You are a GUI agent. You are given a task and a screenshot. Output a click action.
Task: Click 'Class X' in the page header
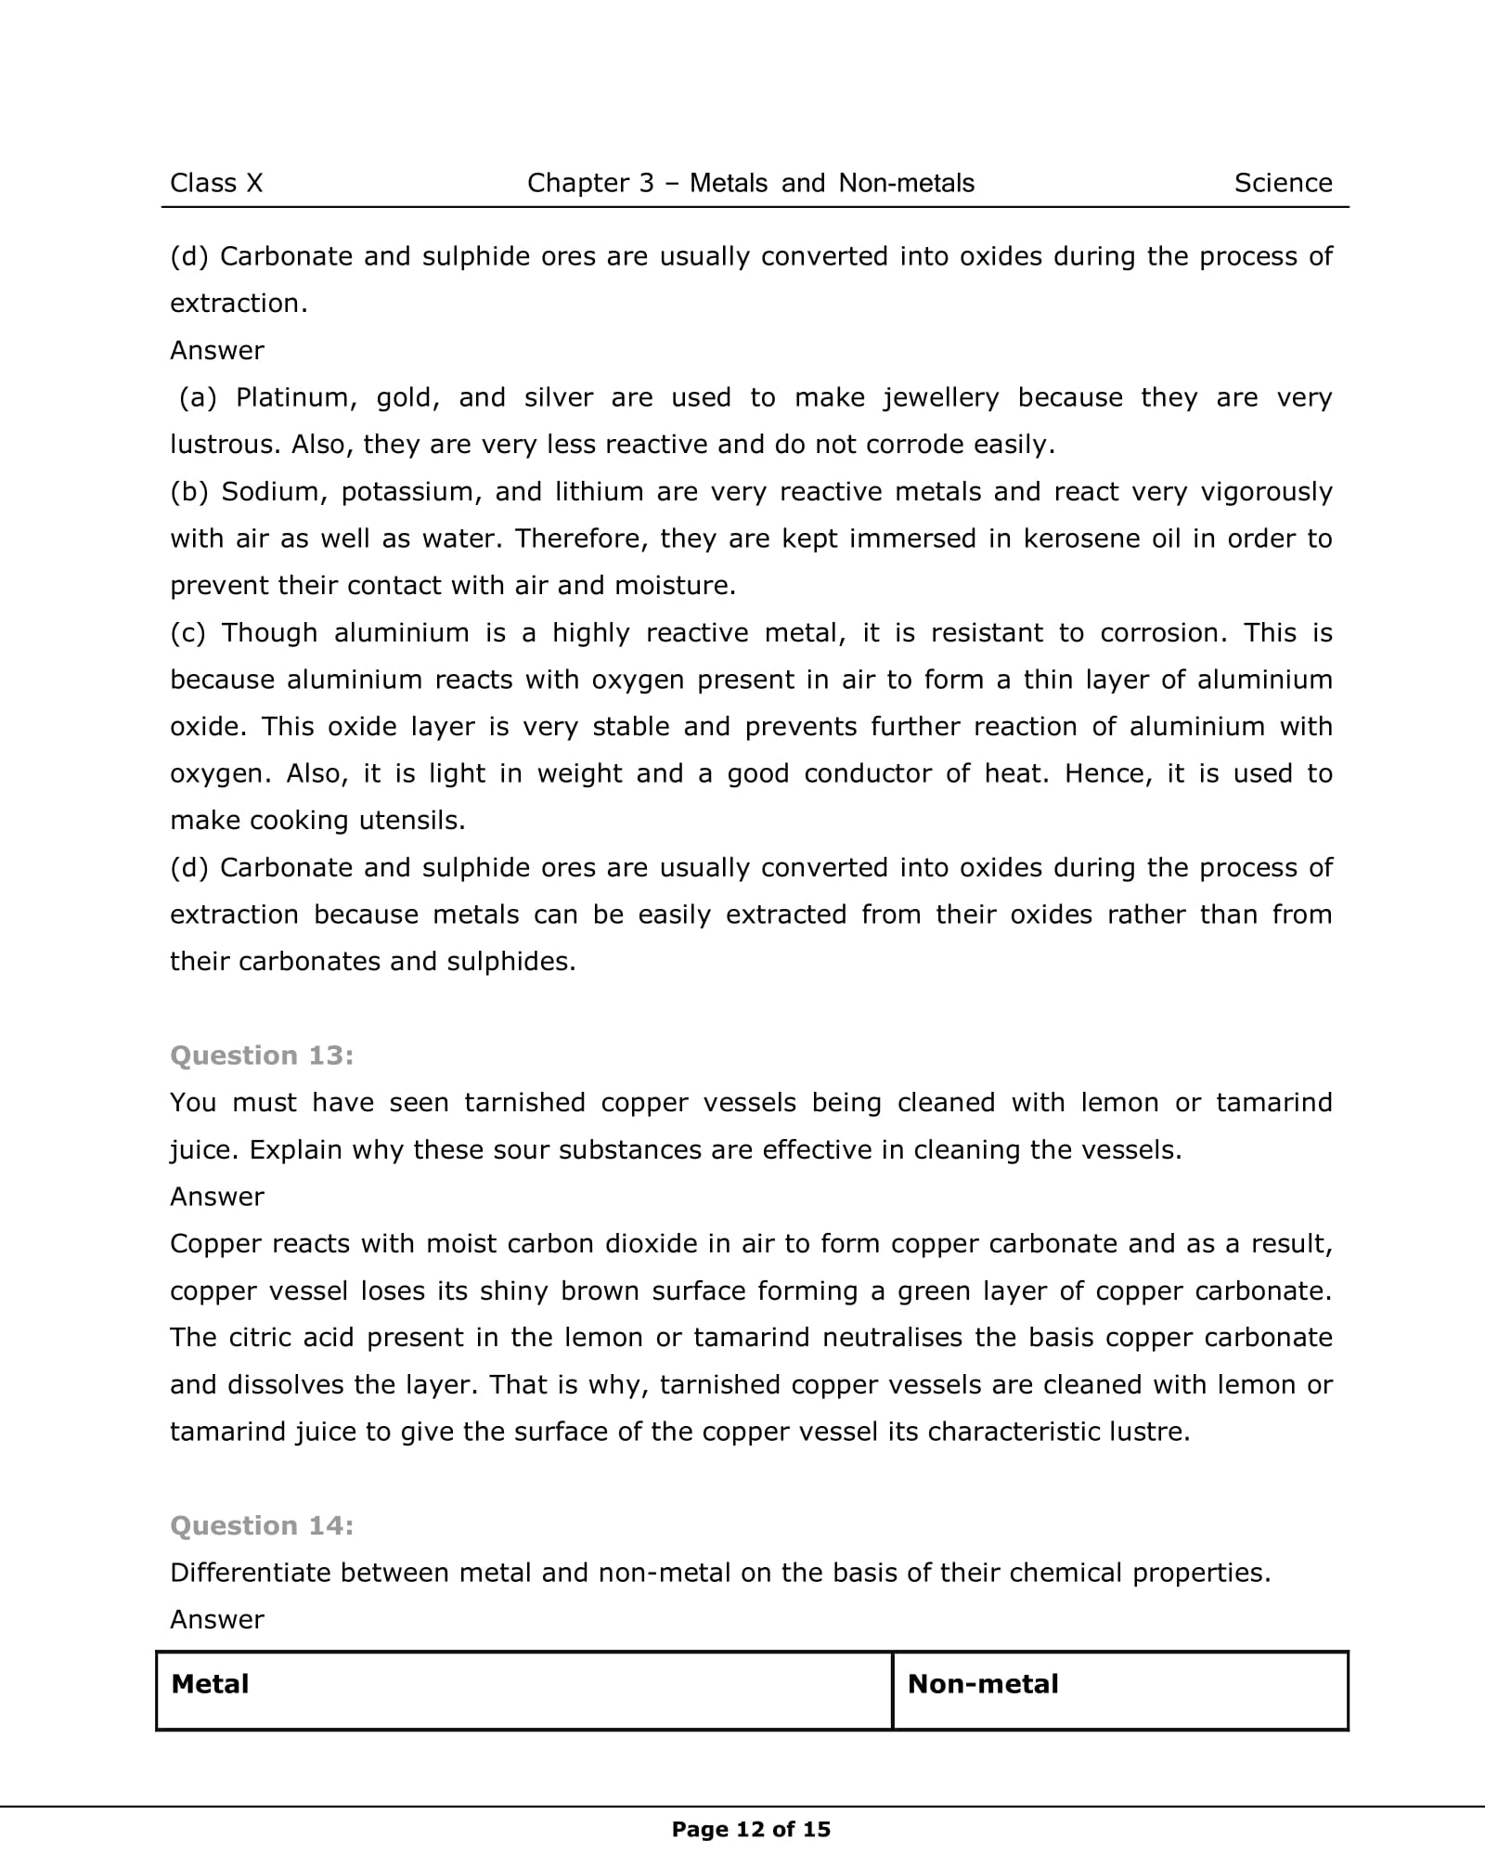tap(216, 183)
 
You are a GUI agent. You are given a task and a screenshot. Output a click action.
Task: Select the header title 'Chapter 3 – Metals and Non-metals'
tap(750, 183)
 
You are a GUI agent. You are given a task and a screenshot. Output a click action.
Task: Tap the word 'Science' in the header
tap(1283, 183)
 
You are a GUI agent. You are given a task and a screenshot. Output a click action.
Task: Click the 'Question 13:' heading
tap(262, 1055)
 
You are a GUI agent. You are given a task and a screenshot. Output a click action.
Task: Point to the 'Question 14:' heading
tap(262, 1525)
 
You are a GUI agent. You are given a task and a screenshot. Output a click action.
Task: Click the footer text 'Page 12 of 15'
tap(751, 1829)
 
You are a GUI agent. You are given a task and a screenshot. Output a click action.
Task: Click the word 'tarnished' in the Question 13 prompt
tap(524, 1102)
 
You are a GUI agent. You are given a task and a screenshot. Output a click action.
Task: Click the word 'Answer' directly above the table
tap(217, 1620)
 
